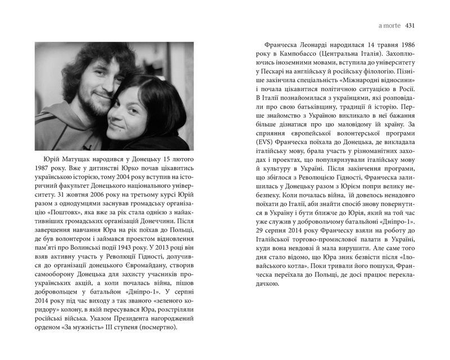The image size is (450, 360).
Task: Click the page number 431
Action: coord(409,25)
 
